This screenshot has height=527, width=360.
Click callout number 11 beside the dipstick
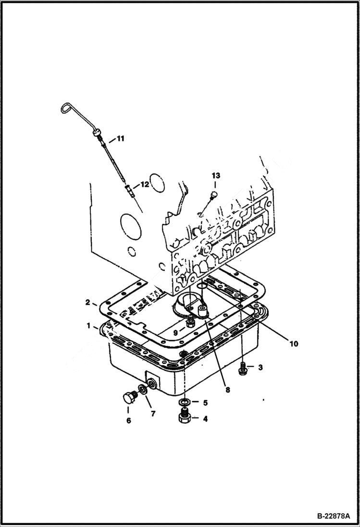tap(120, 139)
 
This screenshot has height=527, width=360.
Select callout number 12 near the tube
tap(145, 184)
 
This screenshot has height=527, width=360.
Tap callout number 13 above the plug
tap(215, 176)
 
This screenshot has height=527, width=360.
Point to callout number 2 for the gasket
tap(88, 302)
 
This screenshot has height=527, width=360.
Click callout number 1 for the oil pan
tap(89, 326)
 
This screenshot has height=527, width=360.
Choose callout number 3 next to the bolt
tap(260, 368)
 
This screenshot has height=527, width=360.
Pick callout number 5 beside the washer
tap(204, 402)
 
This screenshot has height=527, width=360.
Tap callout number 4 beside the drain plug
tap(205, 419)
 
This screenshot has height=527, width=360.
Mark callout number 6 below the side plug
tap(128, 420)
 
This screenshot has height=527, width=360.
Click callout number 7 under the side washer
tap(153, 413)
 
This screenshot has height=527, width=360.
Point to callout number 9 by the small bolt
tap(176, 332)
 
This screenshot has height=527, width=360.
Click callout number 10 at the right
tap(293, 343)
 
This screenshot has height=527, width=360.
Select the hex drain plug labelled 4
tap(184, 416)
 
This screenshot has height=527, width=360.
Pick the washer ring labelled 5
tap(183, 401)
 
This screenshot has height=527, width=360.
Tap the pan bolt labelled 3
tap(243, 368)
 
